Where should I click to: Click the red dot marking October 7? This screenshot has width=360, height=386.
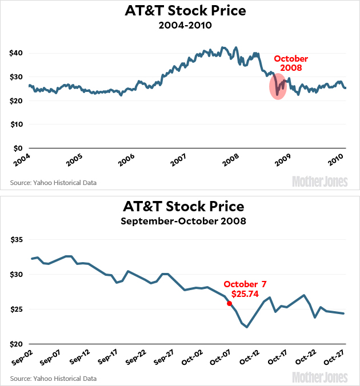click(x=230, y=304)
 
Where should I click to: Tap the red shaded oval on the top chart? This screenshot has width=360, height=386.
click(x=278, y=87)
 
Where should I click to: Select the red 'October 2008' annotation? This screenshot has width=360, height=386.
click(x=291, y=63)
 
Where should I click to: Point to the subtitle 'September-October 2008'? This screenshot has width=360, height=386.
click(x=180, y=220)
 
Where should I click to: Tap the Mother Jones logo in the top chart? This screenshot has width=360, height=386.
click(x=320, y=182)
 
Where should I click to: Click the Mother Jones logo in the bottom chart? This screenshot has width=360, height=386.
click(x=320, y=377)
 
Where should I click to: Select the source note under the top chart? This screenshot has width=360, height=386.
click(x=54, y=183)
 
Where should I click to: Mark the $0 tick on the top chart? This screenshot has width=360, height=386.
click(x=18, y=148)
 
